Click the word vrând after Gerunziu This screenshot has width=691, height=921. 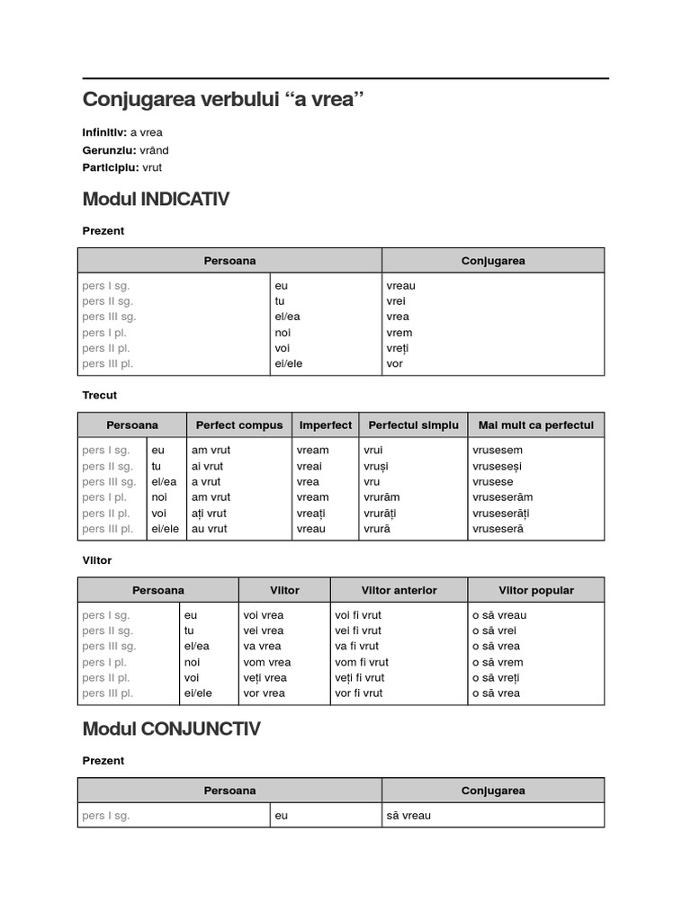coord(154,150)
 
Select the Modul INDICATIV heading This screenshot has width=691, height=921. coord(156,199)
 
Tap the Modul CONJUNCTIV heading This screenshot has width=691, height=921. coord(171,729)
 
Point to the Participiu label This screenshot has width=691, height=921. coord(111,167)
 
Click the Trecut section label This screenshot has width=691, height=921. coord(100,395)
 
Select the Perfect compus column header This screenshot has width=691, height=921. coord(239,425)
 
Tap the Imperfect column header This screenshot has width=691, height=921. coord(326,425)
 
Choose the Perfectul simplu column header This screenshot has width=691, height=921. coord(414,425)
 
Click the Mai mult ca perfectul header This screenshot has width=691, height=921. coord(536,425)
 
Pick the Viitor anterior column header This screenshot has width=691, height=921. coord(399,590)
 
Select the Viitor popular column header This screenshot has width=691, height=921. coord(536,590)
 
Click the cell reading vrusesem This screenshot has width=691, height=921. coord(497,451)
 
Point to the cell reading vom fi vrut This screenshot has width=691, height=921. coord(358,662)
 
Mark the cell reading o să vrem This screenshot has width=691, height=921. coord(498,662)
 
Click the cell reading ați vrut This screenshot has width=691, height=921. coord(209,513)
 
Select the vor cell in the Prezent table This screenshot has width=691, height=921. coord(395,363)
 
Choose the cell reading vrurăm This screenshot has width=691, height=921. coord(381,497)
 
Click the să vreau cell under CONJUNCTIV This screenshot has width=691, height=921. coord(408,816)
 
